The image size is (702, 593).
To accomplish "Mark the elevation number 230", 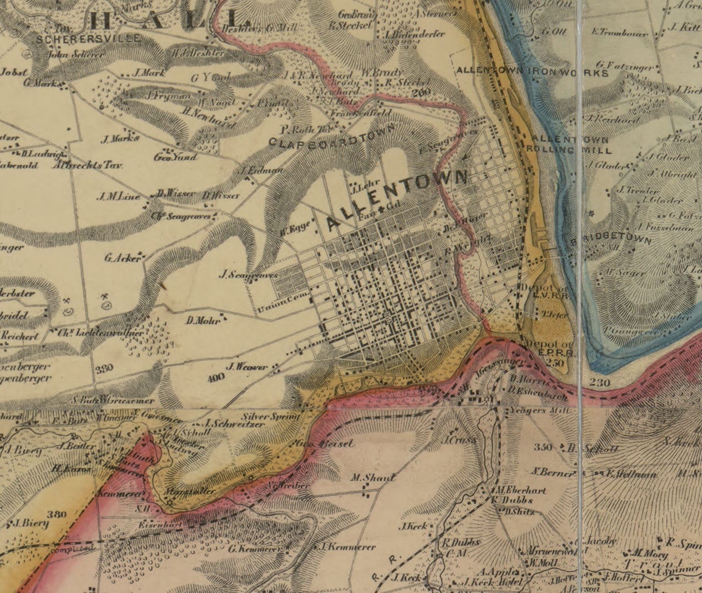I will [x=600, y=383].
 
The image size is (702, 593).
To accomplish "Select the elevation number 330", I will [x=104, y=368].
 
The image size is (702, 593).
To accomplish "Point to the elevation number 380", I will [x=57, y=514].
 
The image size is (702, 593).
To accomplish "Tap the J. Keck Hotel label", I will [x=494, y=582].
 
